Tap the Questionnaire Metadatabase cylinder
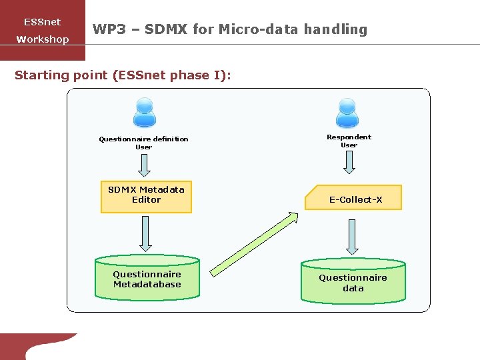(147, 279)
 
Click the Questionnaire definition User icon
(144, 113)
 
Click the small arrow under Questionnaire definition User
(145, 164)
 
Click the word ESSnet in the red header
(42, 22)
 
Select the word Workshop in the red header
(42, 39)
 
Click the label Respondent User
(349, 141)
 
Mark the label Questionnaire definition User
(143, 143)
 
